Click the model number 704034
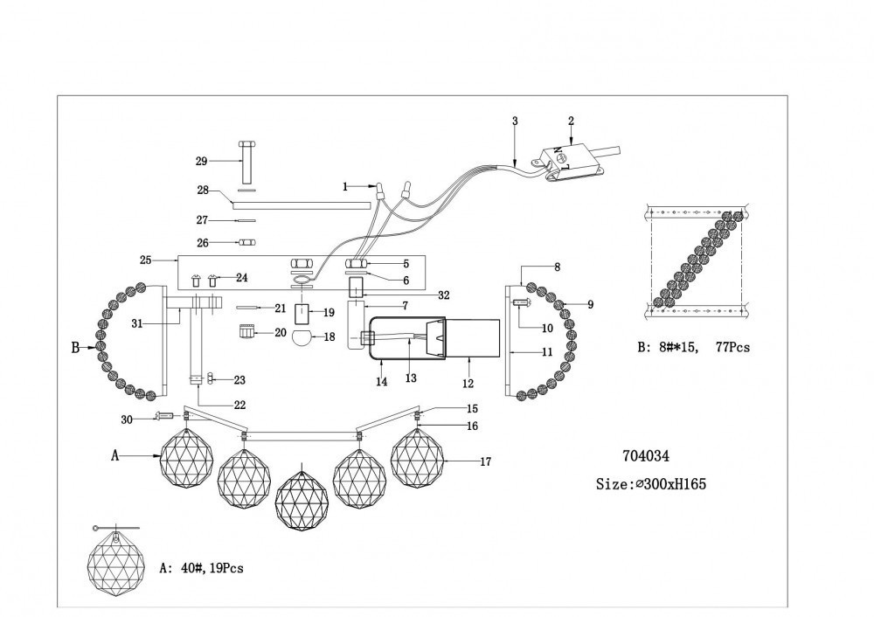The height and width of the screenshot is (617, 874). coord(645,455)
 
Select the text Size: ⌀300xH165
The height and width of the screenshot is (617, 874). coord(651,484)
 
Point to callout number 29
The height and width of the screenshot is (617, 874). coord(201,162)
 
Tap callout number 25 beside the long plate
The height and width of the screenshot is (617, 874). coord(146,260)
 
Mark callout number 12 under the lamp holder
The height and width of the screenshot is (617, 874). coord(468,383)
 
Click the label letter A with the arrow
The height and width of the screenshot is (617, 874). coord(114,455)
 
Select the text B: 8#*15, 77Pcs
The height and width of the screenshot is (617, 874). coord(694,347)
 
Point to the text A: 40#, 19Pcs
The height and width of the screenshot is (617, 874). coord(202,568)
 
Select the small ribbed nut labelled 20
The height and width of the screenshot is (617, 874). coord(247,332)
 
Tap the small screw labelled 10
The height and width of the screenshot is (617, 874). coord(522,303)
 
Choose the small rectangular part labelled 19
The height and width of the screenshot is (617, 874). coord(303,313)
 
